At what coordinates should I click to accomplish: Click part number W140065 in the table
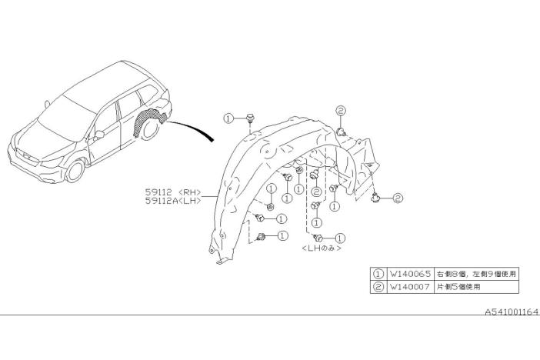(410, 274)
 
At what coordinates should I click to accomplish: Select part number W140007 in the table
(409, 287)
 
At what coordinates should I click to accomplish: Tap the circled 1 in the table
(378, 274)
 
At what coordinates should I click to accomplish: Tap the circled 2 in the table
(378, 287)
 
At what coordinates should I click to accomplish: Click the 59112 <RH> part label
(173, 192)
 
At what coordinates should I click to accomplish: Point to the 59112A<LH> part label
(173, 201)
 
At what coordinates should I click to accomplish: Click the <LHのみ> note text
(322, 248)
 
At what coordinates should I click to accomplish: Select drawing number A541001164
(511, 312)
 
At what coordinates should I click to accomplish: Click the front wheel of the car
(75, 172)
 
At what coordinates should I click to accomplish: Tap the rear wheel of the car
(150, 128)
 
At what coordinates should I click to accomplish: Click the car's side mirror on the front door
(98, 135)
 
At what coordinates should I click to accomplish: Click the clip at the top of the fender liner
(250, 119)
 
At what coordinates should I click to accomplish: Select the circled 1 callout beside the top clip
(228, 118)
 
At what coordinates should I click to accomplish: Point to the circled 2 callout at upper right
(340, 111)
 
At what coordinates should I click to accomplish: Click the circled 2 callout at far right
(398, 198)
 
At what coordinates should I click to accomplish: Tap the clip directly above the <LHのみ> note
(317, 238)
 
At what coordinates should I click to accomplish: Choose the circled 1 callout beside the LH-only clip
(340, 238)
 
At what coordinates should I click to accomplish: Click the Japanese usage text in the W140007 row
(458, 287)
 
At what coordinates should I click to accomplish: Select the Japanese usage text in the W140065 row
(476, 274)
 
